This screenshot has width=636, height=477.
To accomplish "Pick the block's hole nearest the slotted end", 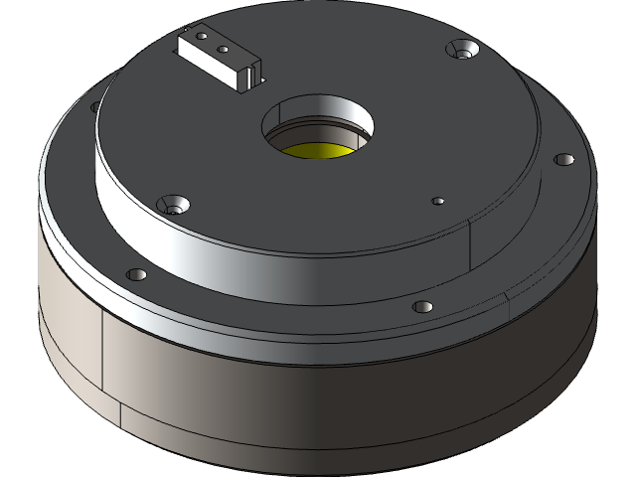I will point(225,48).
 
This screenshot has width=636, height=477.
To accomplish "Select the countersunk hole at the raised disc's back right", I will point(463,49).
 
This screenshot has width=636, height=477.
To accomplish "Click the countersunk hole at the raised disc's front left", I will point(177,205).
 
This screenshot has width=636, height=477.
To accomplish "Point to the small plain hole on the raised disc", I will point(437,201).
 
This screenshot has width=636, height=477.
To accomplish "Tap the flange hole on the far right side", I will point(562,159).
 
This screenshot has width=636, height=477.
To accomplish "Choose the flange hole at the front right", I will point(421,306).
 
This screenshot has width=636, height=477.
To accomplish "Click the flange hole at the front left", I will point(137,274).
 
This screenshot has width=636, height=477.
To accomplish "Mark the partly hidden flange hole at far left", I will point(95,105).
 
